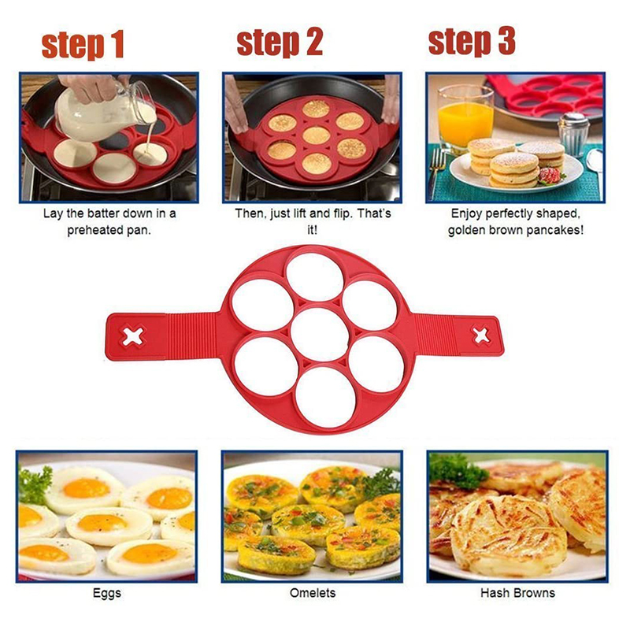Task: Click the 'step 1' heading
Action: pyautogui.click(x=83, y=46)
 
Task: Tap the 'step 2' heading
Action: pyautogui.click(x=280, y=43)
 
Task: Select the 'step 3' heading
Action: pyautogui.click(x=472, y=43)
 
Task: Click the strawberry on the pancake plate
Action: pyautogui.click(x=550, y=176)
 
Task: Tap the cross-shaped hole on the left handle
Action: pyautogui.click(x=133, y=336)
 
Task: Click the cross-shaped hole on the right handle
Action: pyautogui.click(x=481, y=336)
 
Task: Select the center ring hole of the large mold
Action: pyautogui.click(x=320, y=335)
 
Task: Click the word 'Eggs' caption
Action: pyautogui.click(x=107, y=593)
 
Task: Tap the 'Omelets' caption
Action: pyautogui.click(x=313, y=593)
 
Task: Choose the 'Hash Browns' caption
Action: pyautogui.click(x=517, y=593)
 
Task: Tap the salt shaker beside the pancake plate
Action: pyautogui.click(x=573, y=134)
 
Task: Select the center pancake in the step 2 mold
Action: pyautogui.click(x=317, y=135)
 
